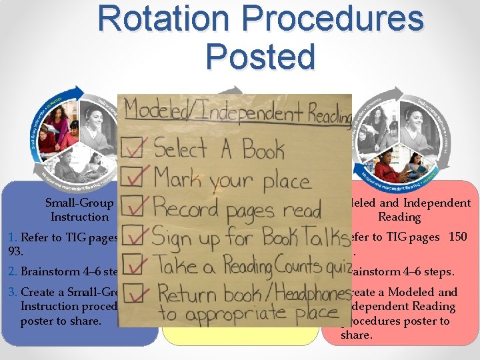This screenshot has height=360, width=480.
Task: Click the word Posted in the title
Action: (x=260, y=56)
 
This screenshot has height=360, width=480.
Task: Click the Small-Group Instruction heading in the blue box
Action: (x=79, y=209)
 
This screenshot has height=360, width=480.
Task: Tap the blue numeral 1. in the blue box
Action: (x=13, y=237)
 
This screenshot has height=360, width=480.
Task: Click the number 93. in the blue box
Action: (x=14, y=251)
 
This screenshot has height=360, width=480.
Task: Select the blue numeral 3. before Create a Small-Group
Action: (x=13, y=292)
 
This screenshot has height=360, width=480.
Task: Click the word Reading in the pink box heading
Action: (x=399, y=217)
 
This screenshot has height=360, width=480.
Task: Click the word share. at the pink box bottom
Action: (x=355, y=335)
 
